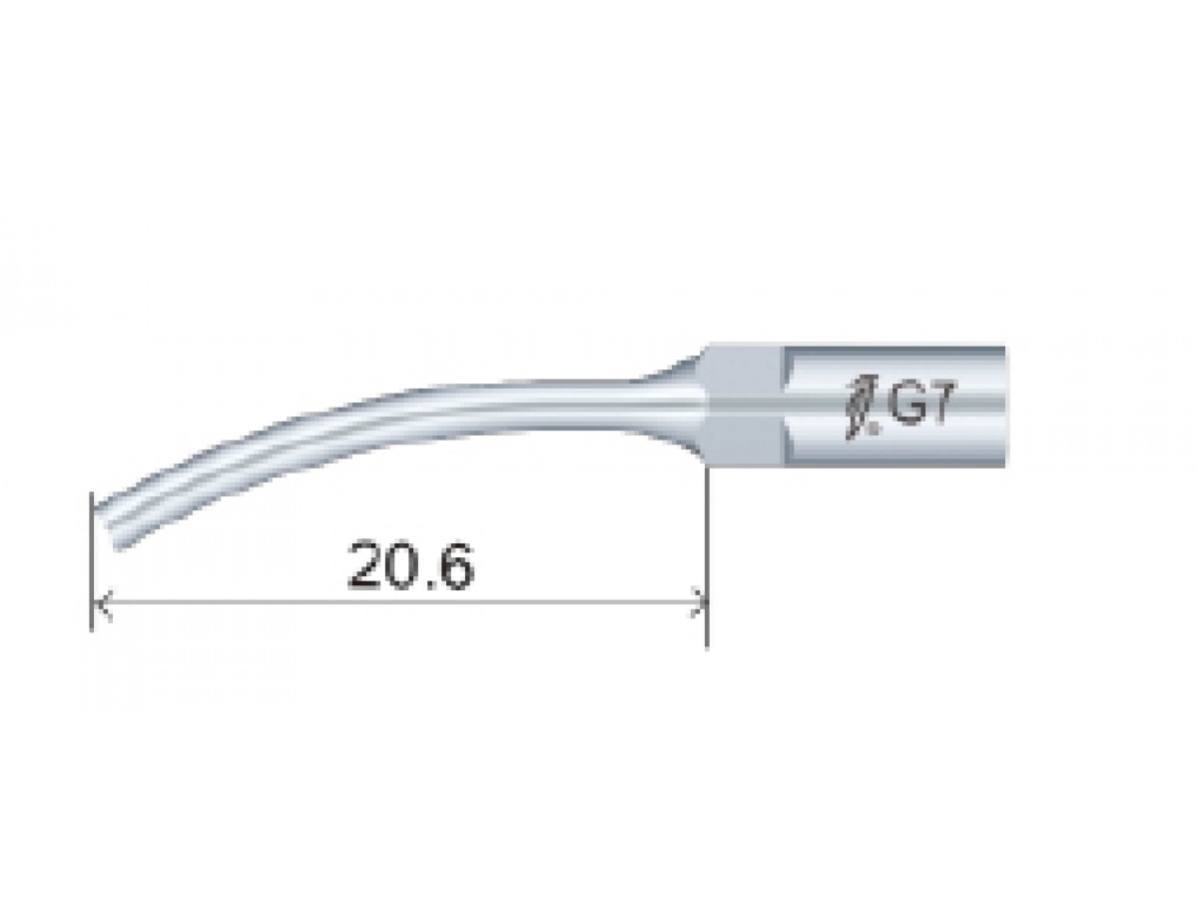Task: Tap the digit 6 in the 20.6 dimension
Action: (455, 565)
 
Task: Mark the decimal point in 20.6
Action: (431, 583)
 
